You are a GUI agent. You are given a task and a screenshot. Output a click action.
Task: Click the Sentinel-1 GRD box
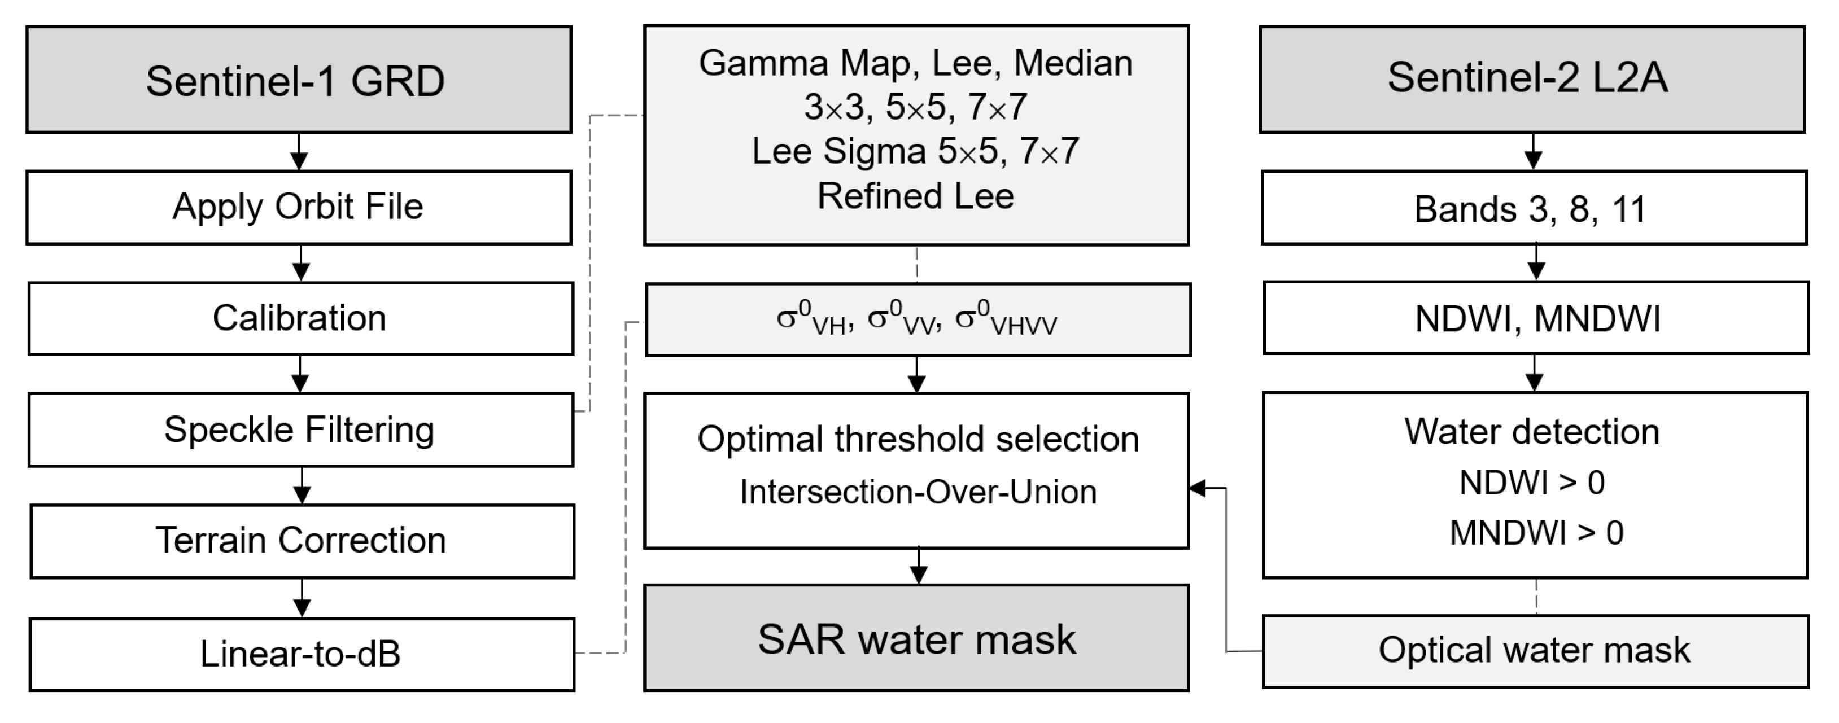tap(299, 80)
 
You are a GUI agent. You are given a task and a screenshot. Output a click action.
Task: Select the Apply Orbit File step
tap(299, 207)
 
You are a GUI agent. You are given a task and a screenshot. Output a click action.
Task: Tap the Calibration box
tap(300, 318)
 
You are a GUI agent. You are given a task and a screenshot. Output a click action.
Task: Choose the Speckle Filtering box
tap(300, 430)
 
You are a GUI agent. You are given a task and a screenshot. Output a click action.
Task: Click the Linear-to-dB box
tap(302, 654)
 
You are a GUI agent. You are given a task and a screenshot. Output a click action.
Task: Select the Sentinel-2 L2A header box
tap(1532, 78)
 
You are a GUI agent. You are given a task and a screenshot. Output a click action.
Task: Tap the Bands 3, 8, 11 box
tap(1534, 208)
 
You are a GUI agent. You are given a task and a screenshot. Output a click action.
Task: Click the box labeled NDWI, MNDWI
tap(1536, 318)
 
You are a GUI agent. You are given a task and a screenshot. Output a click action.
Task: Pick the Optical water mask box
tap(1535, 651)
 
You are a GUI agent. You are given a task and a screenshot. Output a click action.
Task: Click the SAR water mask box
tap(916, 638)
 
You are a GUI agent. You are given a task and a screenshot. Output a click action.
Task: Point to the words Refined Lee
tap(916, 196)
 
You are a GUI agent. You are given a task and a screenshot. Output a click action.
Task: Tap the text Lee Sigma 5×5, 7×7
tap(916, 151)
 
